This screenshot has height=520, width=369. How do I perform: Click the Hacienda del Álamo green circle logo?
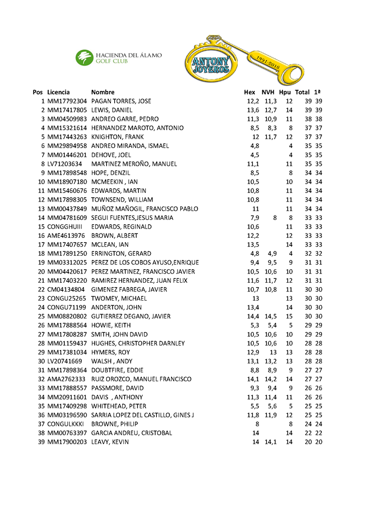click(x=84, y=57)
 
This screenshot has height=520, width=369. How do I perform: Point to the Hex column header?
click(x=249, y=92)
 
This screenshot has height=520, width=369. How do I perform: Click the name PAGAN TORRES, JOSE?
click(x=121, y=101)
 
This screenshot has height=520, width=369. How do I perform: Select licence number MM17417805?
click(x=67, y=110)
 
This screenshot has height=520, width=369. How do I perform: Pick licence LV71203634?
click(x=64, y=164)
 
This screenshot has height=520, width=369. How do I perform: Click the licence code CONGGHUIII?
click(x=65, y=226)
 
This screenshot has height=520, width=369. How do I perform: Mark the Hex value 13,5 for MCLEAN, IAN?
click(x=253, y=245)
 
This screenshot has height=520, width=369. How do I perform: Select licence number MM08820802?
click(x=67, y=316)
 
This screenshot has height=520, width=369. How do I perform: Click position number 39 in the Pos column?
click(x=41, y=442)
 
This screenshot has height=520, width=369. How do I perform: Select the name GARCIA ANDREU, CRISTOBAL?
click(x=131, y=433)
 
